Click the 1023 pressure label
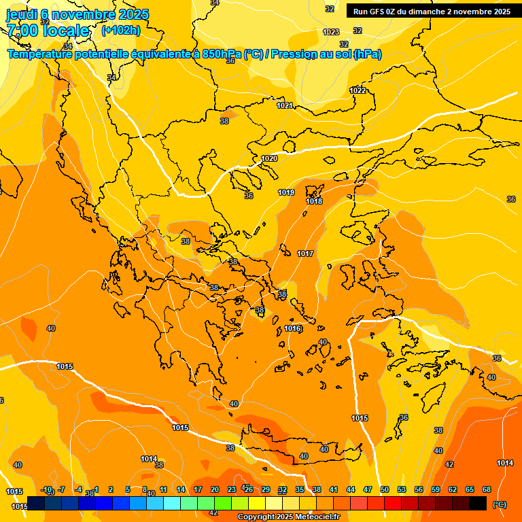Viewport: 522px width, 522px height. tap(331, 32)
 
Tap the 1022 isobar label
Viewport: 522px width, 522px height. tap(358, 90)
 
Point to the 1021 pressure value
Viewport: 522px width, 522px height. tap(285, 105)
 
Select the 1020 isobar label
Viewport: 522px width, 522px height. tap(269, 158)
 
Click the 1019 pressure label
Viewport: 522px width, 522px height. tap(286, 192)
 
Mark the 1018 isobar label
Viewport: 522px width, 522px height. tap(314, 201)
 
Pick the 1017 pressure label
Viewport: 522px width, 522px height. tap(305, 254)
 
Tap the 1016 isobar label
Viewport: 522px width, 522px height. tap(292, 328)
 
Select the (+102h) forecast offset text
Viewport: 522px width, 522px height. tap(121, 30)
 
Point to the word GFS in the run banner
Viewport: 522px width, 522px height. tap(377, 12)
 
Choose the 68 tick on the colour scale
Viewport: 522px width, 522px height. tap(487, 489)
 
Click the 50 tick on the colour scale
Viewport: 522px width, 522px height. tap(385, 489)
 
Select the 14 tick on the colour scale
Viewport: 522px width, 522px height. tap(181, 489)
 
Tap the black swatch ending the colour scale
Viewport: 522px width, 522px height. tap(478, 503)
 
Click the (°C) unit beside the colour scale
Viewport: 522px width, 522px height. tap(499, 504)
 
